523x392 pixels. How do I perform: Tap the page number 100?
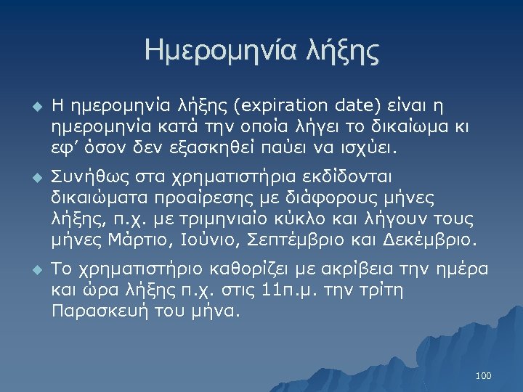483,375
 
